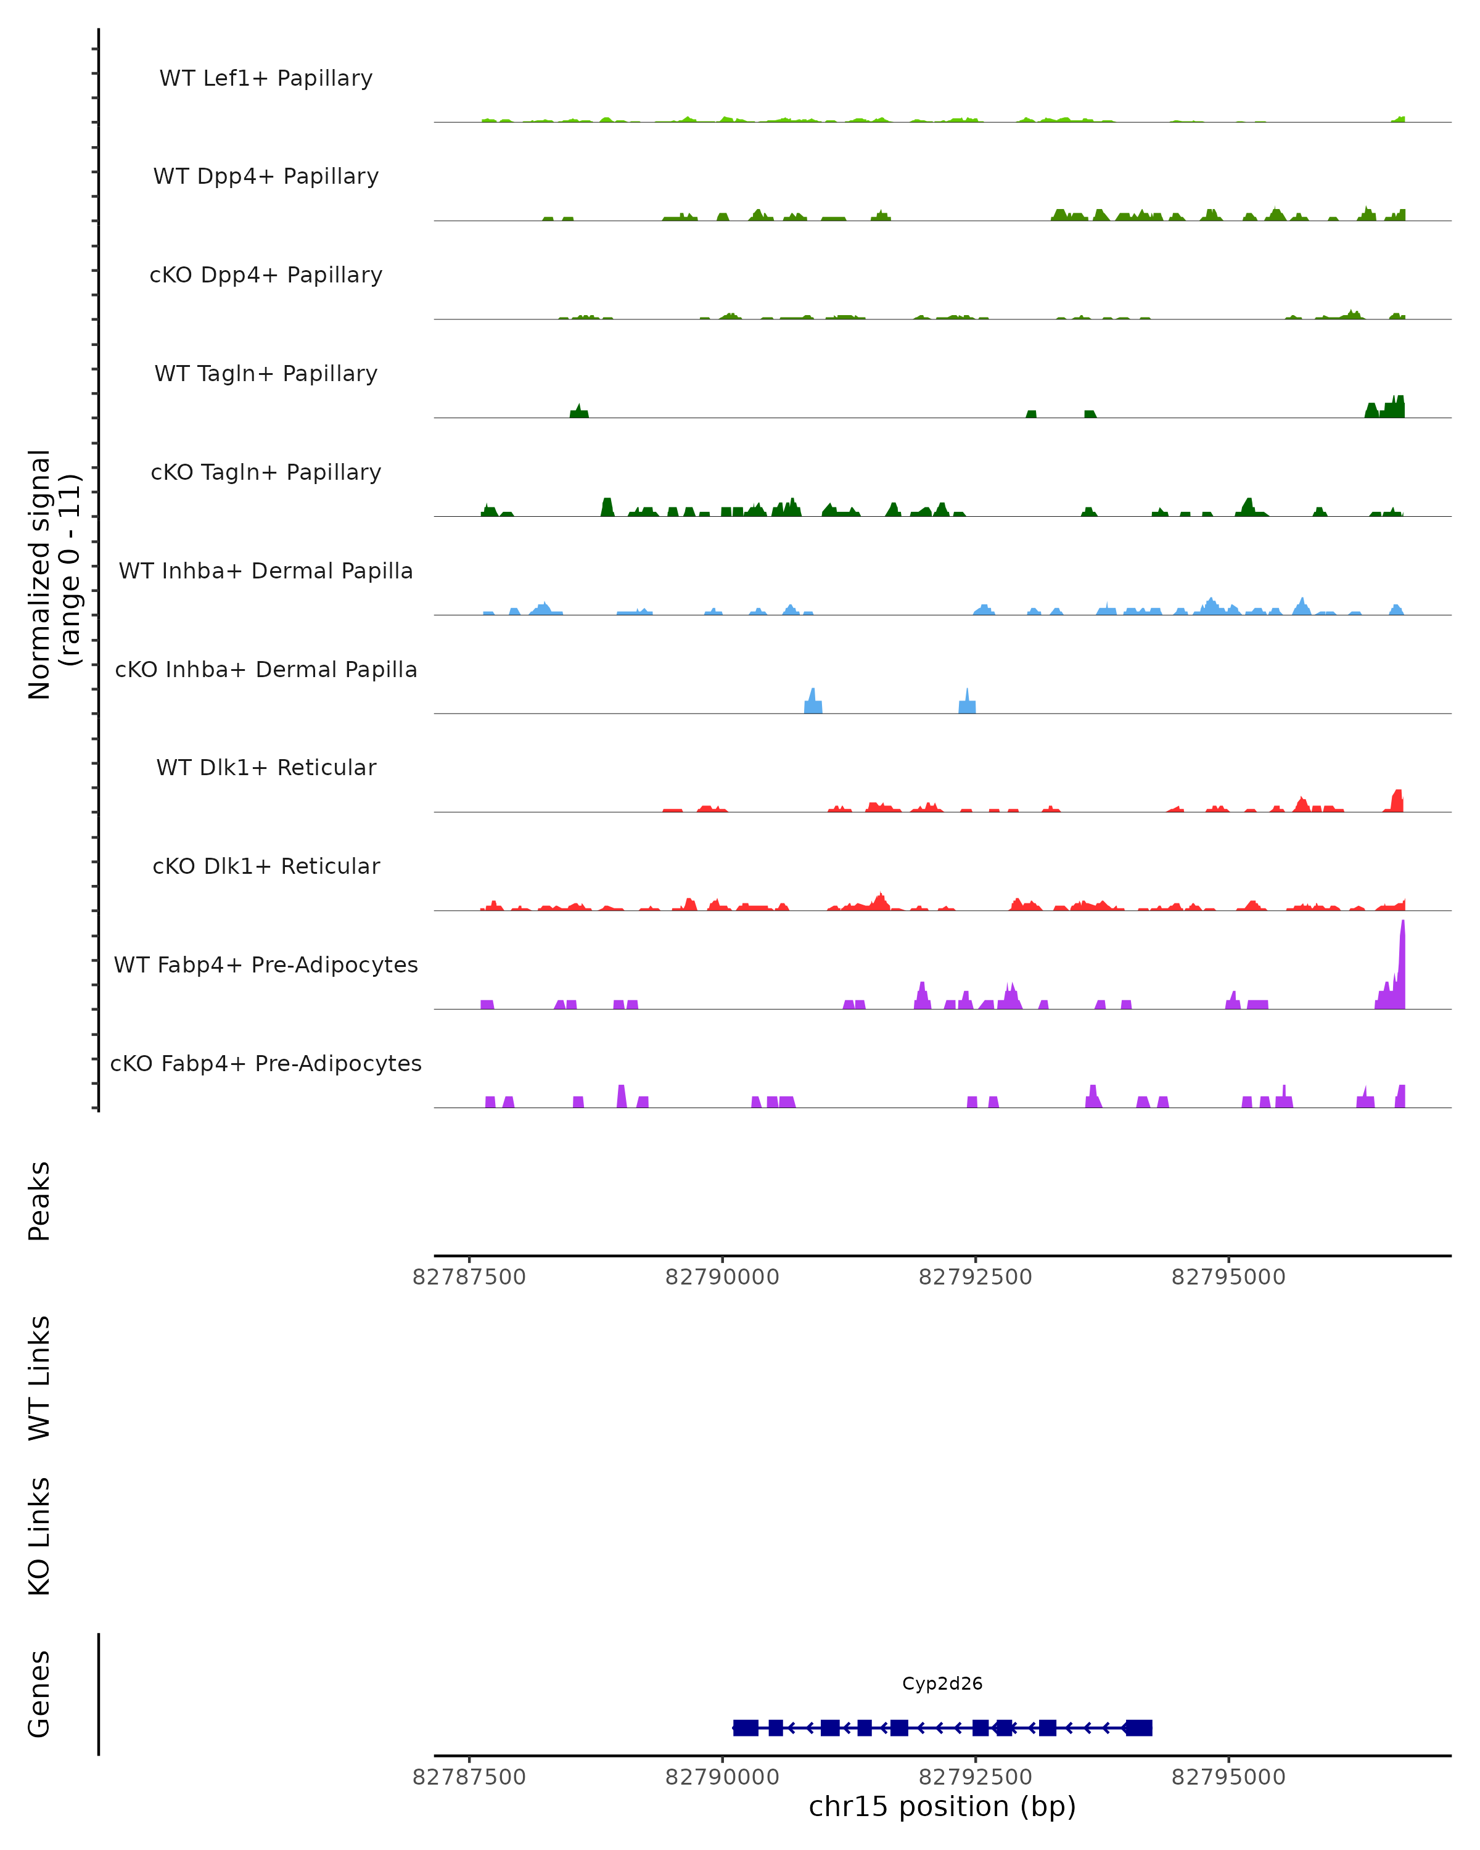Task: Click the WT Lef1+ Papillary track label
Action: pos(266,78)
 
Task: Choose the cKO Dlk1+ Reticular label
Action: pos(266,866)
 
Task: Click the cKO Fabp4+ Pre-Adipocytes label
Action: pos(266,1063)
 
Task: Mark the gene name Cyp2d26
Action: pos(942,1683)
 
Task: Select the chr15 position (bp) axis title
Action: pos(942,1807)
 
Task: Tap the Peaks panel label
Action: pos(39,1201)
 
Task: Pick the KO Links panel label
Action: pos(39,1537)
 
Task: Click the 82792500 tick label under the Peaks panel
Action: pos(976,1278)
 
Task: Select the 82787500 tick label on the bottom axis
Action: pos(469,1777)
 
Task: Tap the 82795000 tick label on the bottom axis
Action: pos(1228,1777)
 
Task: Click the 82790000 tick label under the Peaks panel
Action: pos(722,1278)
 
